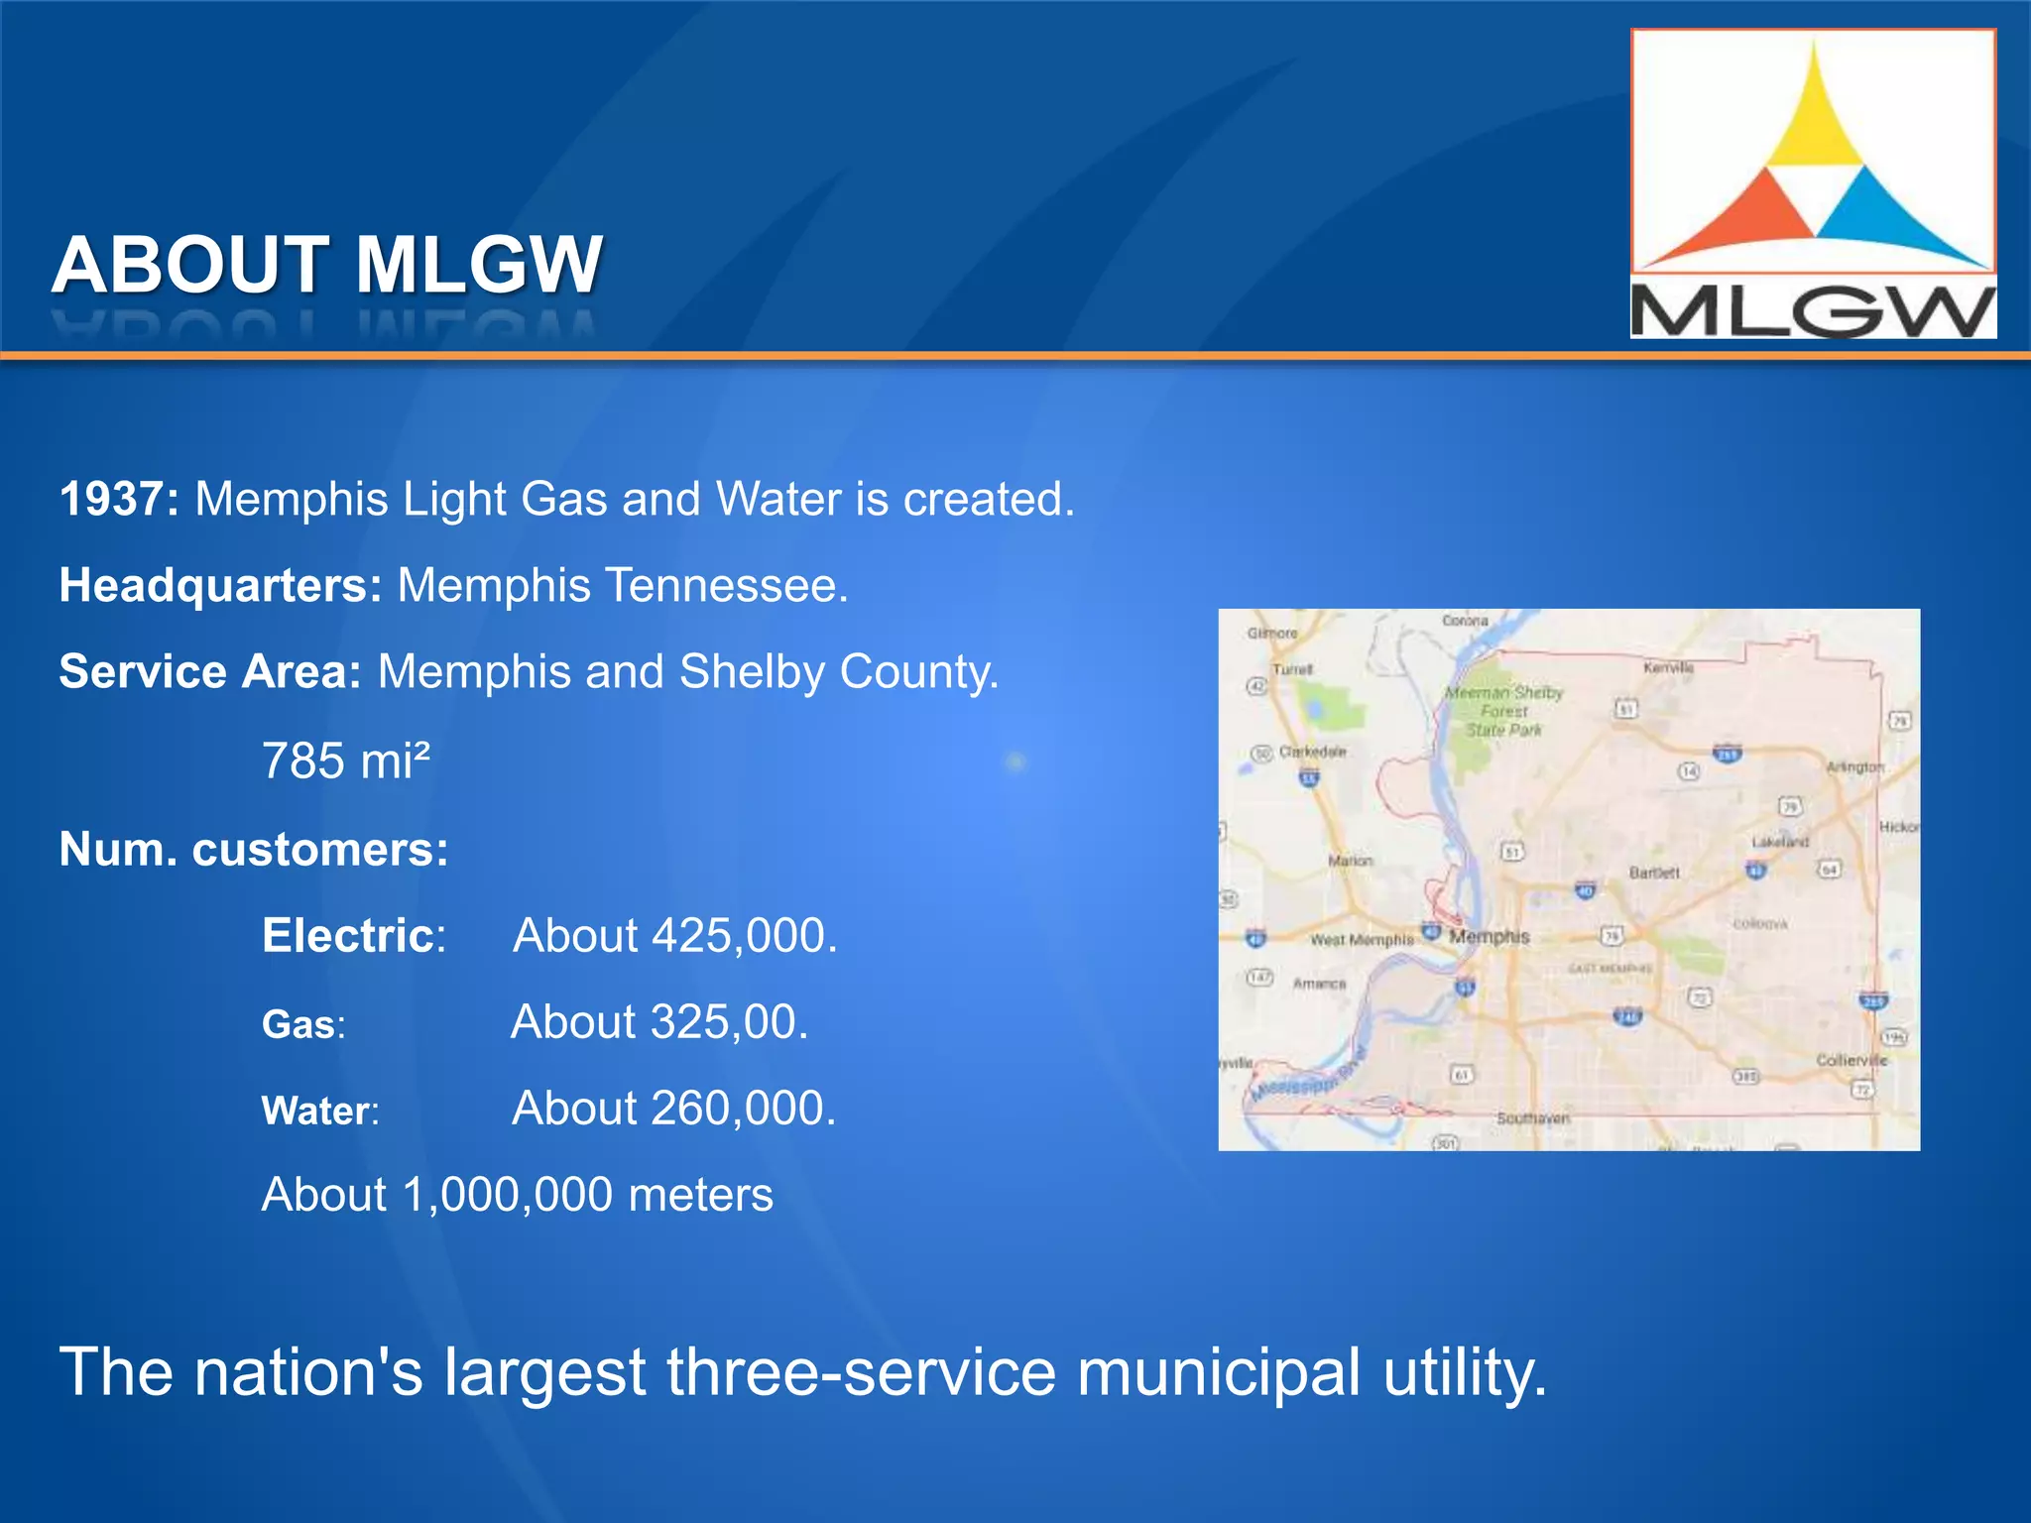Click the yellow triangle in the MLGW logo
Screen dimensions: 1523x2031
point(1814,119)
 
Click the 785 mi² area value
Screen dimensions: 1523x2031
point(346,761)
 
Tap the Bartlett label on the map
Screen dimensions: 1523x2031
point(1654,873)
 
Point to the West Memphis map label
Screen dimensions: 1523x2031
point(1361,939)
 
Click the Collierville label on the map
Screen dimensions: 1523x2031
point(1851,1060)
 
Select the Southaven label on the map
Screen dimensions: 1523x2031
point(1532,1118)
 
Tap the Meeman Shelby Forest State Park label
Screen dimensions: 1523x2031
point(1503,711)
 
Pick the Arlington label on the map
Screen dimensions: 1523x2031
point(1853,766)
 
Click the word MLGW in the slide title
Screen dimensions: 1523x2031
point(478,266)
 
